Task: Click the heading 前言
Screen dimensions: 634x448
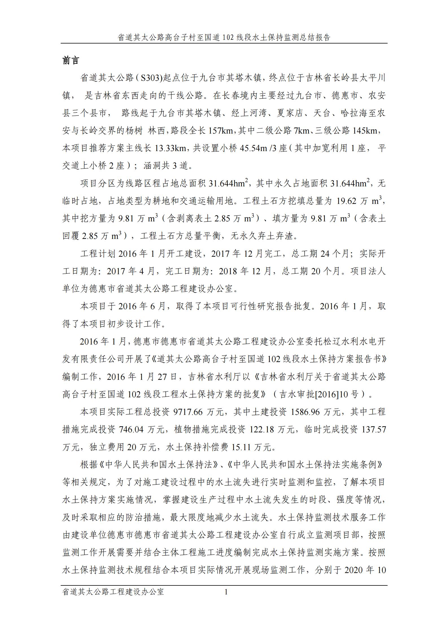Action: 71,60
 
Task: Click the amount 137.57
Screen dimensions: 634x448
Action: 374,430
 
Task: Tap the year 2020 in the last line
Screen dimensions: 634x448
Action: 356,570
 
